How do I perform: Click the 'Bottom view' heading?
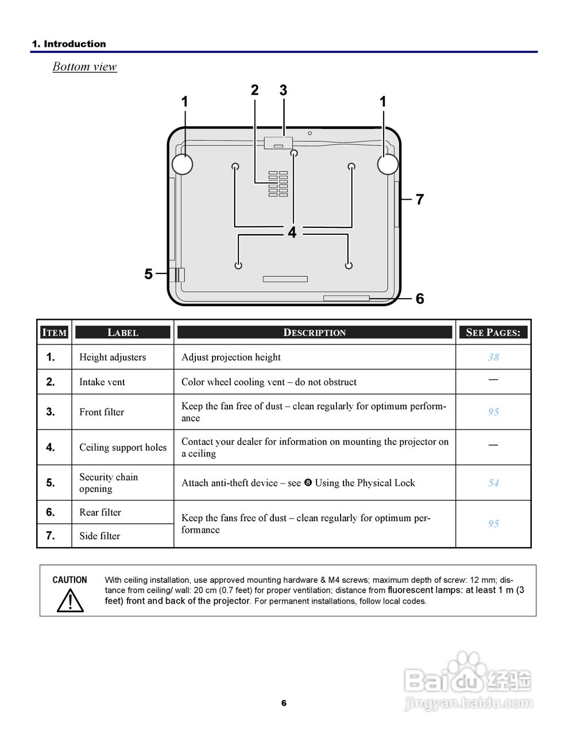84,67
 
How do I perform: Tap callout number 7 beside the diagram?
420,200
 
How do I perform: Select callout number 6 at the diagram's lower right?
420,299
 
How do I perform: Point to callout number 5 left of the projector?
149,274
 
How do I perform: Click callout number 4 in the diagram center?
292,233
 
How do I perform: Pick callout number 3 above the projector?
283,90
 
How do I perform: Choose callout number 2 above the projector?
254,90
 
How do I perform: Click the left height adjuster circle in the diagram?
182,164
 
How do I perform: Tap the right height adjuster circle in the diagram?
388,164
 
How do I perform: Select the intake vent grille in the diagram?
278,184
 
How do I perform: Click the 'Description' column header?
315,332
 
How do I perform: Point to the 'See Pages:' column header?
493,332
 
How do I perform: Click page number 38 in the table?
493,357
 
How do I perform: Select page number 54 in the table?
493,483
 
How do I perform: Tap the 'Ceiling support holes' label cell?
123,447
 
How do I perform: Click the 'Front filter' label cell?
102,412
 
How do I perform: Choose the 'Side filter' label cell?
100,536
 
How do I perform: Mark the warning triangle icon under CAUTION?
70,600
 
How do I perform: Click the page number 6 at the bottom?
284,703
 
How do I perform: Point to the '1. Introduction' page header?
69,44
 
